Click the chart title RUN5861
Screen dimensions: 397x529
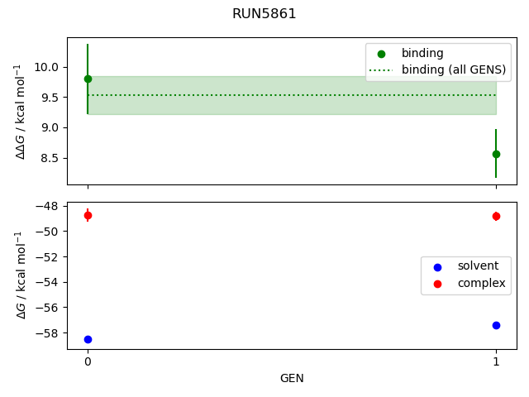(264, 14)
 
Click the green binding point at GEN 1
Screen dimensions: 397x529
(496, 154)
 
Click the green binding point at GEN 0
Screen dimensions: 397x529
(88, 79)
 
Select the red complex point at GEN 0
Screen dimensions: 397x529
(88, 215)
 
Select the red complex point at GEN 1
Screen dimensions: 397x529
(496, 216)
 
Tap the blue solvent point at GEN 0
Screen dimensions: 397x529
(88, 339)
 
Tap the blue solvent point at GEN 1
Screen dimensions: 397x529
(496, 325)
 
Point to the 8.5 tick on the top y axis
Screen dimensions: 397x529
(52, 158)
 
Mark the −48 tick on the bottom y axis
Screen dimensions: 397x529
(49, 206)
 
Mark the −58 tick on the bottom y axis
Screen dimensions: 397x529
(49, 333)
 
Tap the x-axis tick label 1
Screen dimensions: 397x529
(496, 361)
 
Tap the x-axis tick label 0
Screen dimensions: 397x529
(88, 361)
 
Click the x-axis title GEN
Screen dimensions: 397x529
(292, 378)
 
